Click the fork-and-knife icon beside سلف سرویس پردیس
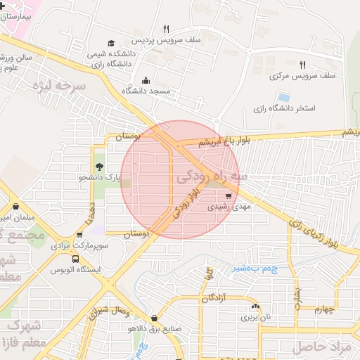coord(167,29)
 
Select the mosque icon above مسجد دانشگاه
coord(146,80)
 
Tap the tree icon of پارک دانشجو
coord(98,167)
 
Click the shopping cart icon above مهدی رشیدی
coord(229,197)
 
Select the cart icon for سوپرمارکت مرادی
coord(79,236)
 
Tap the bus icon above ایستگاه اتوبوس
coord(76,259)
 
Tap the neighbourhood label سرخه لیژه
coord(59,88)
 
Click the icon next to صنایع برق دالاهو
coord(154,318)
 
